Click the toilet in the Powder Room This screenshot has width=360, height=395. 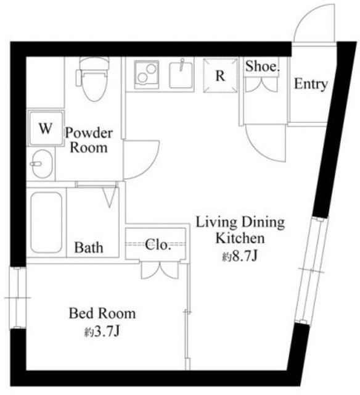[94, 78]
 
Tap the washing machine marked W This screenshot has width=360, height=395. [46, 128]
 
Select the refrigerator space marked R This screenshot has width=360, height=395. [221, 75]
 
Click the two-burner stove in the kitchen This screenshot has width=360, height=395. [147, 75]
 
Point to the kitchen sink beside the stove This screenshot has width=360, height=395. [181, 75]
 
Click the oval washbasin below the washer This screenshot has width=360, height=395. [42, 164]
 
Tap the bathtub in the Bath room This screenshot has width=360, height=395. [46, 222]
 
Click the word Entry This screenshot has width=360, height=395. [311, 84]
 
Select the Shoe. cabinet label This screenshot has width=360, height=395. [263, 67]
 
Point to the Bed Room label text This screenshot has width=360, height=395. [102, 314]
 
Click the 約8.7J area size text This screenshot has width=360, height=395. [239, 257]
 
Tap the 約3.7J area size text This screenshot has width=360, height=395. [102, 332]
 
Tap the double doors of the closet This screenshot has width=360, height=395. [160, 271]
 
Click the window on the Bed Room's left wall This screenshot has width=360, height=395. [18, 297]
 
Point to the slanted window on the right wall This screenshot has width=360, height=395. [311, 270]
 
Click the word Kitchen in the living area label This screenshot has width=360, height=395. [240, 238]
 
